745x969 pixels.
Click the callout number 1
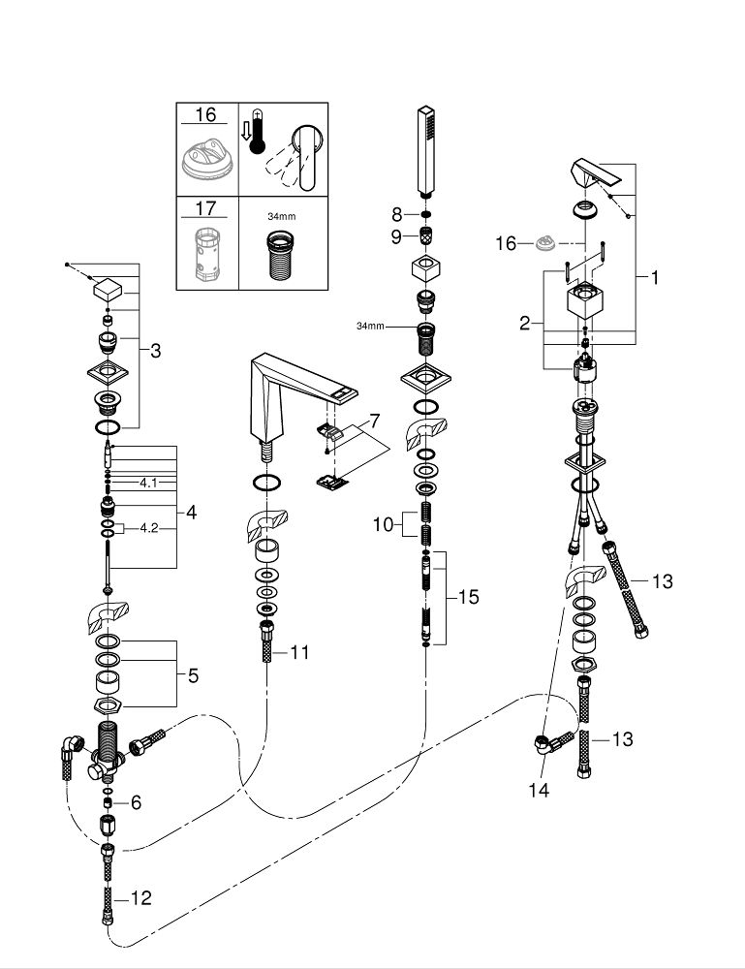655,277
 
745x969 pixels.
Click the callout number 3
155,351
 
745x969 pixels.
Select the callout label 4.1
148,482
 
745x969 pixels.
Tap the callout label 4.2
149,528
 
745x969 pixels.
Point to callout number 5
193,675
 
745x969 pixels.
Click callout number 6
136,801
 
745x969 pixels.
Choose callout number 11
299,652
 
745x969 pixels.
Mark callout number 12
140,898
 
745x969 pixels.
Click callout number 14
539,791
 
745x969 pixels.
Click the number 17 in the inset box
205,208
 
